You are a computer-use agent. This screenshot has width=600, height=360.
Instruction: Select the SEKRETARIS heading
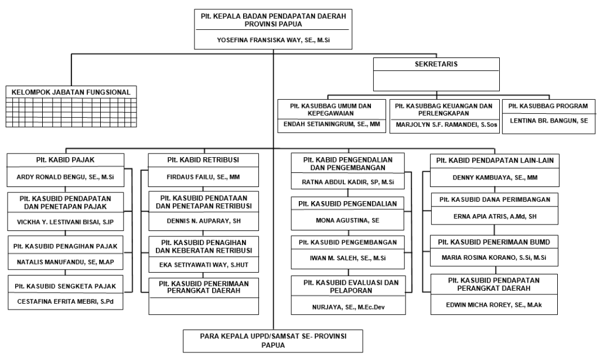436,64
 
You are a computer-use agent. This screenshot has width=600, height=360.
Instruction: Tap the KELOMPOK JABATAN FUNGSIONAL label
71,92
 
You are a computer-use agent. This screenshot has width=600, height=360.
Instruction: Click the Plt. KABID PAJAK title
66,160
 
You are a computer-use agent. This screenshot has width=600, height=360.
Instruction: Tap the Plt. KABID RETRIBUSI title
203,160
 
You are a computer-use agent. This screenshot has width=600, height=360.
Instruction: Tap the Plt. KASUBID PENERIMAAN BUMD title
494,242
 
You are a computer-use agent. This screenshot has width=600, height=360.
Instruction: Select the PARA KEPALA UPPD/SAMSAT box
273,341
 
